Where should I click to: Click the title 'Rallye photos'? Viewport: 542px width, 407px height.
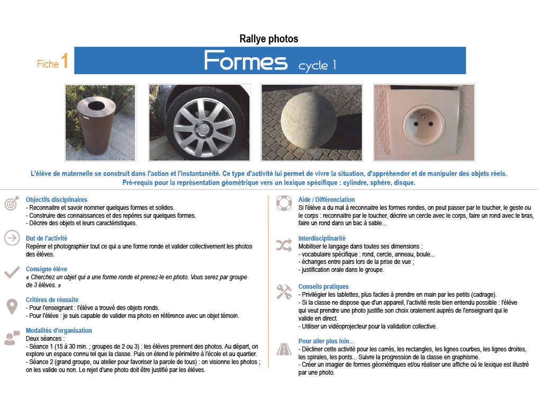click(x=269, y=39)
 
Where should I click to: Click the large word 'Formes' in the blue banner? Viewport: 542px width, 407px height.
click(x=246, y=61)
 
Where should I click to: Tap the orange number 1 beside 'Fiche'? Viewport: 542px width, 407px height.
click(x=65, y=60)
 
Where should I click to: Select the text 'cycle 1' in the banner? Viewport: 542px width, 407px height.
click(x=317, y=66)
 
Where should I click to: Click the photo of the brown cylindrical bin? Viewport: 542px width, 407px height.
click(x=100, y=122)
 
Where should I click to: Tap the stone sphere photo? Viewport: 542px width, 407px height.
click(x=311, y=122)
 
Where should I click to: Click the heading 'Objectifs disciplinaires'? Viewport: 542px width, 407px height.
click(x=57, y=200)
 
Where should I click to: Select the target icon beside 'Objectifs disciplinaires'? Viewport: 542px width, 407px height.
click(x=12, y=204)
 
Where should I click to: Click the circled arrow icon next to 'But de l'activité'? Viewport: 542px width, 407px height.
click(x=12, y=238)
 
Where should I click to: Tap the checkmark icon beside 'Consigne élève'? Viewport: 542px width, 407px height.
click(x=12, y=272)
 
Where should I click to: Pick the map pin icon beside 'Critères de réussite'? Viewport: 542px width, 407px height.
click(x=12, y=306)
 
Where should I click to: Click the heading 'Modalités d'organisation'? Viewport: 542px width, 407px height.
click(x=59, y=331)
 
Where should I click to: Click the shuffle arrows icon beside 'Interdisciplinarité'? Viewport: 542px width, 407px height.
click(x=283, y=244)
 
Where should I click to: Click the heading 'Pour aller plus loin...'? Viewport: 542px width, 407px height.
click(x=326, y=341)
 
